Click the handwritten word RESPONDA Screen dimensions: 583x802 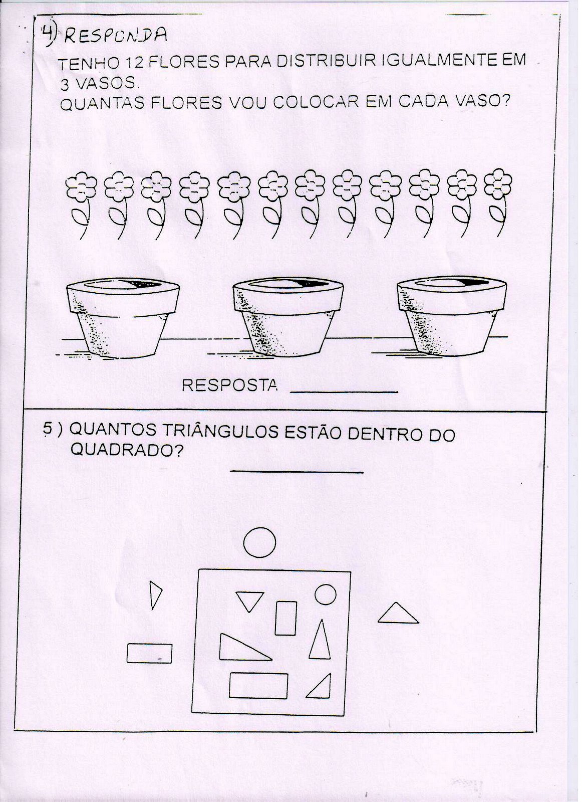[x=116, y=36]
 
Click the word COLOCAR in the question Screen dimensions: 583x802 [x=316, y=102]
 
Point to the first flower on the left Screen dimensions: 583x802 [x=82, y=206]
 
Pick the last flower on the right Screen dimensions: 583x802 [x=497, y=203]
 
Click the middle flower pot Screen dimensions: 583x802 [x=288, y=317]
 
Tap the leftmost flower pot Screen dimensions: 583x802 [x=123, y=318]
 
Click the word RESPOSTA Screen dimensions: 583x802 [x=229, y=385]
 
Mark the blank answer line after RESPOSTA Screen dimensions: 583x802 [x=344, y=391]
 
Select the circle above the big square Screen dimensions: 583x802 [x=259, y=542]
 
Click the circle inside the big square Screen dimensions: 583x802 [x=325, y=594]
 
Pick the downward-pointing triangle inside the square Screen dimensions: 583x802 [x=249, y=599]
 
